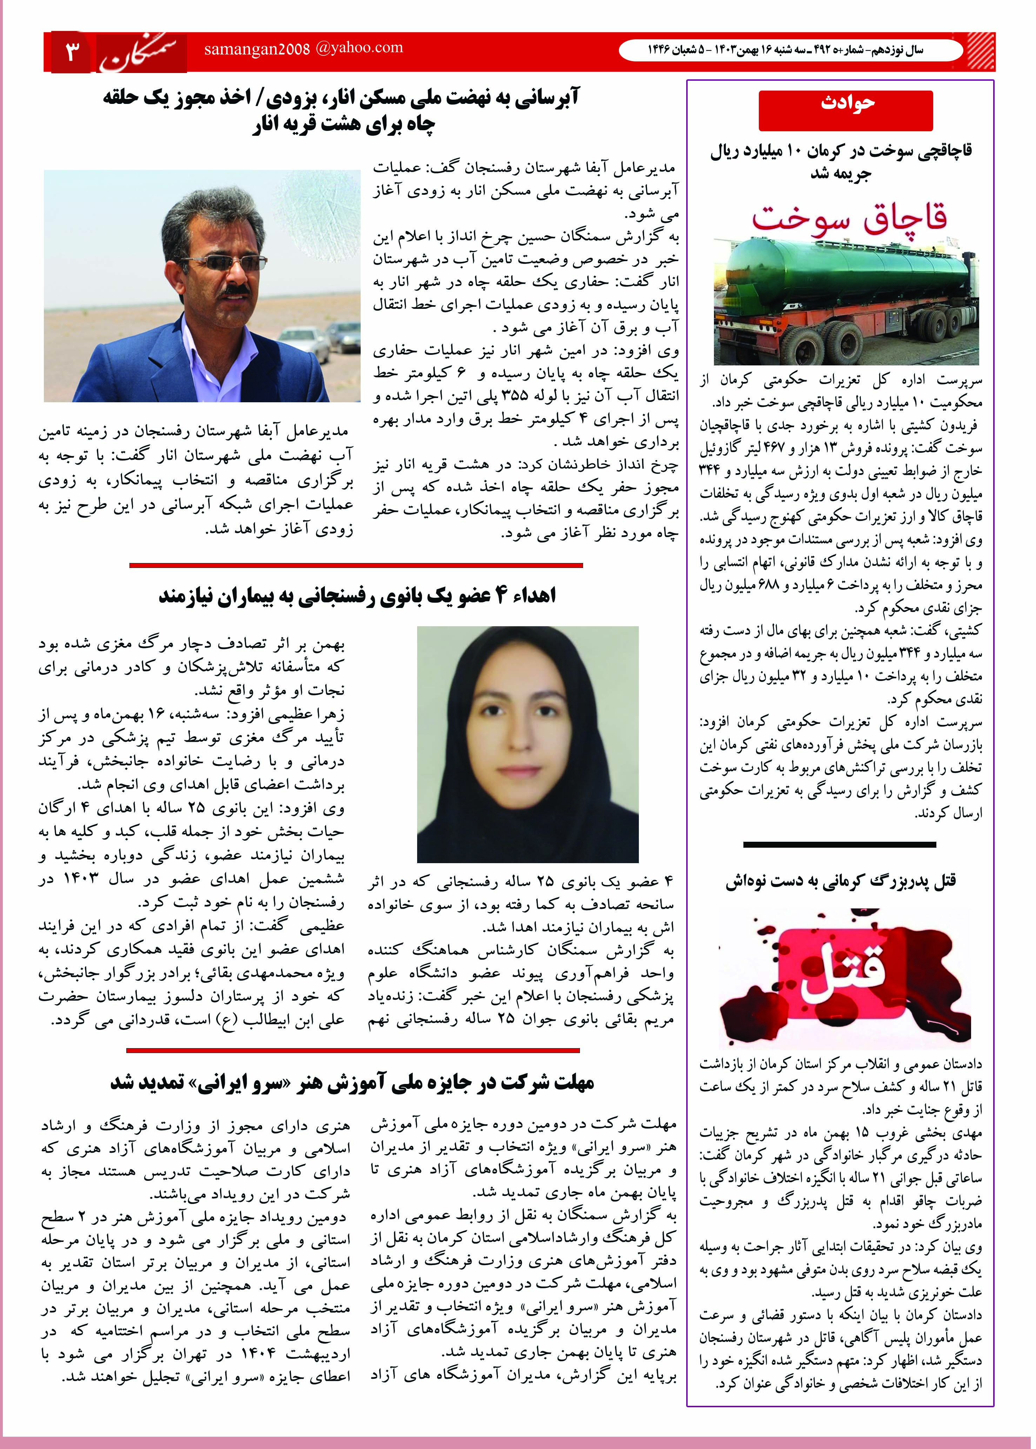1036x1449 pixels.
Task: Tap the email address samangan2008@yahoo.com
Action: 303,48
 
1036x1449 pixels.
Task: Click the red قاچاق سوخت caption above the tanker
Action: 848,218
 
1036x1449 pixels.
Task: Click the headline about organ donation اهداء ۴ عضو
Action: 357,596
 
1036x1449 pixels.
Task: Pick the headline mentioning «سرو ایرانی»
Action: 352,1081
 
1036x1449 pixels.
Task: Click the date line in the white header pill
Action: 785,50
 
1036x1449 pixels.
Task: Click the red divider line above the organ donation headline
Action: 356,565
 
